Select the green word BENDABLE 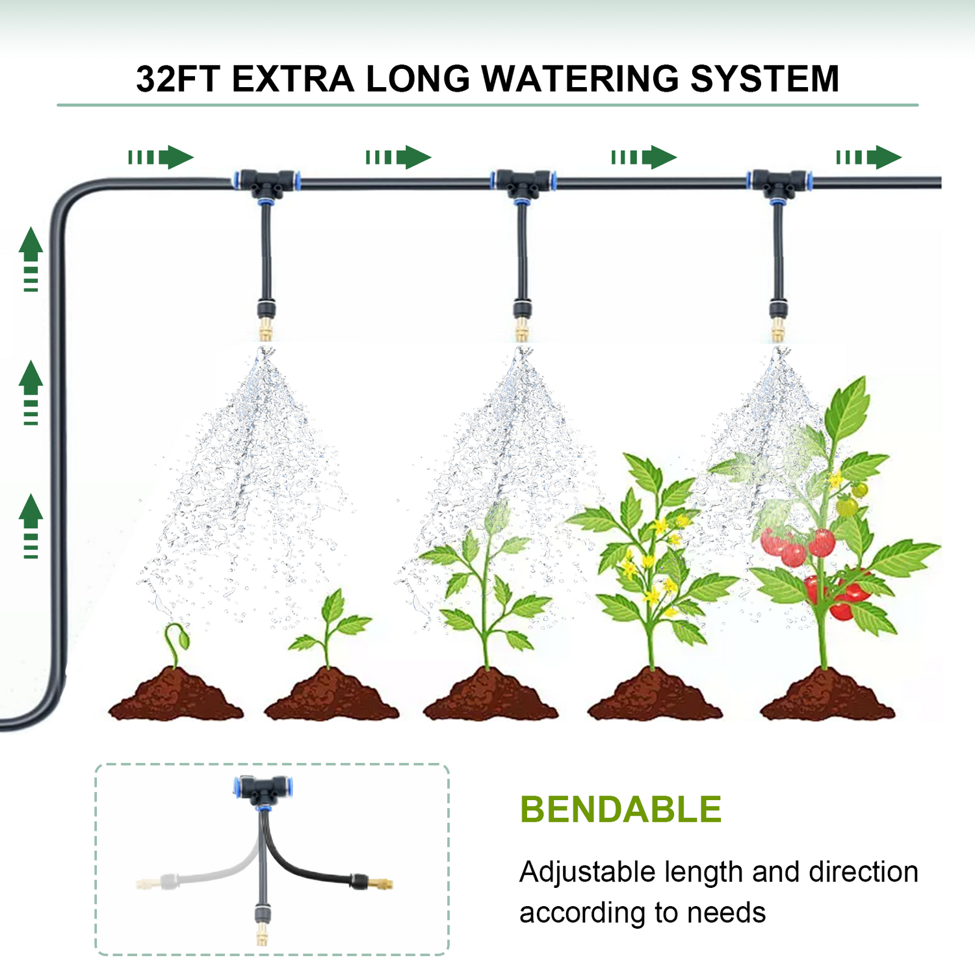[620, 810]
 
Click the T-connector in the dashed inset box [263, 789]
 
